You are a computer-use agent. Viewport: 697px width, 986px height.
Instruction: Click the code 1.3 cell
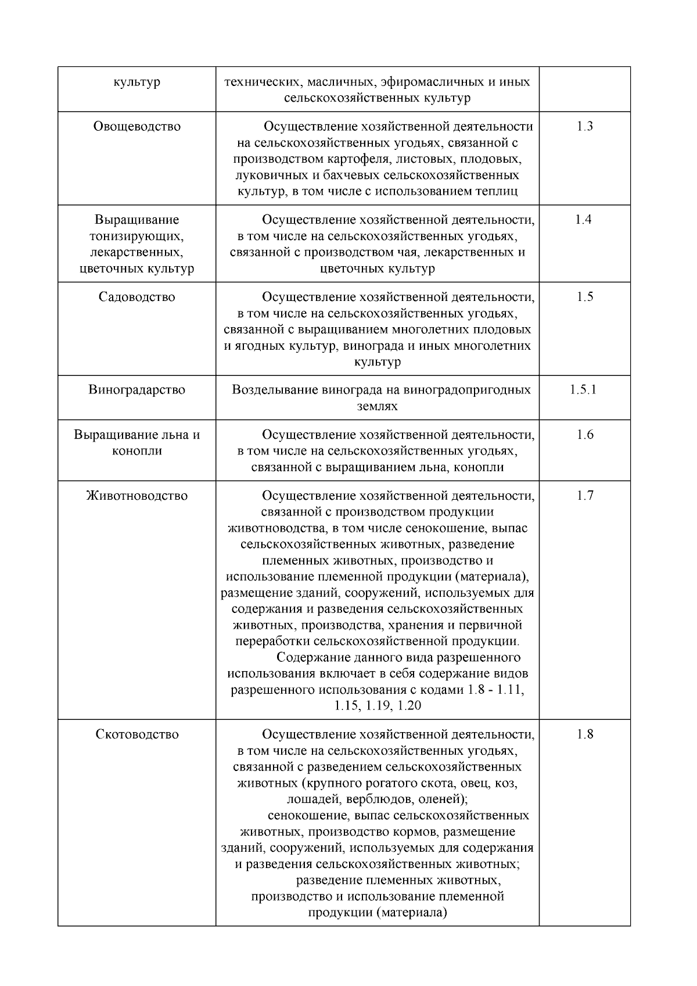coord(584,127)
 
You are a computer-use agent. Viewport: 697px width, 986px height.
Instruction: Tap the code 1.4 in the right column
coord(583,220)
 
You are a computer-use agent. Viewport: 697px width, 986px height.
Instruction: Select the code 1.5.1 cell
coord(583,389)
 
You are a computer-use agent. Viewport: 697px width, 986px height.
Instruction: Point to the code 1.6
coord(584,435)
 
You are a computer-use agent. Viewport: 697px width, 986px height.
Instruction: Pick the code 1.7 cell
coord(584,496)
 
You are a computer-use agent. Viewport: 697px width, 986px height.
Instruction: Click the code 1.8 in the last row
coord(584,734)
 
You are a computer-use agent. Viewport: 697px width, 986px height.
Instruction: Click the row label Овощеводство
coord(136,127)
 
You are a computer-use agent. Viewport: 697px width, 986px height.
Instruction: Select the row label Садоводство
coord(136,297)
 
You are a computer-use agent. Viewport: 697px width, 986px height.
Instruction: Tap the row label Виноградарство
coord(136,389)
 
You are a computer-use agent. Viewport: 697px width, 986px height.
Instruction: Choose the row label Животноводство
coord(136,496)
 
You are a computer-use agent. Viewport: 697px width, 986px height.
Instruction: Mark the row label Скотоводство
coord(136,734)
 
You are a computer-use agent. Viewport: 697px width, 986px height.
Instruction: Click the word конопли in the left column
coord(136,451)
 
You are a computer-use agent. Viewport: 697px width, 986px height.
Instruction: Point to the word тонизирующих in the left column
coord(136,236)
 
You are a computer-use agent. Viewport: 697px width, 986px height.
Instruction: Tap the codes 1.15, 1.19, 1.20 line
coord(378,706)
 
